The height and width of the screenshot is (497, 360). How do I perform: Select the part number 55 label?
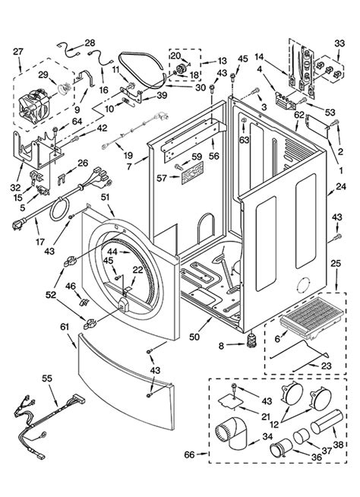tap(47, 377)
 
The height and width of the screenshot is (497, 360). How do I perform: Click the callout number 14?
tap(260, 57)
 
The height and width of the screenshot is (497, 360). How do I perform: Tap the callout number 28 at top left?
tap(89, 43)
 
